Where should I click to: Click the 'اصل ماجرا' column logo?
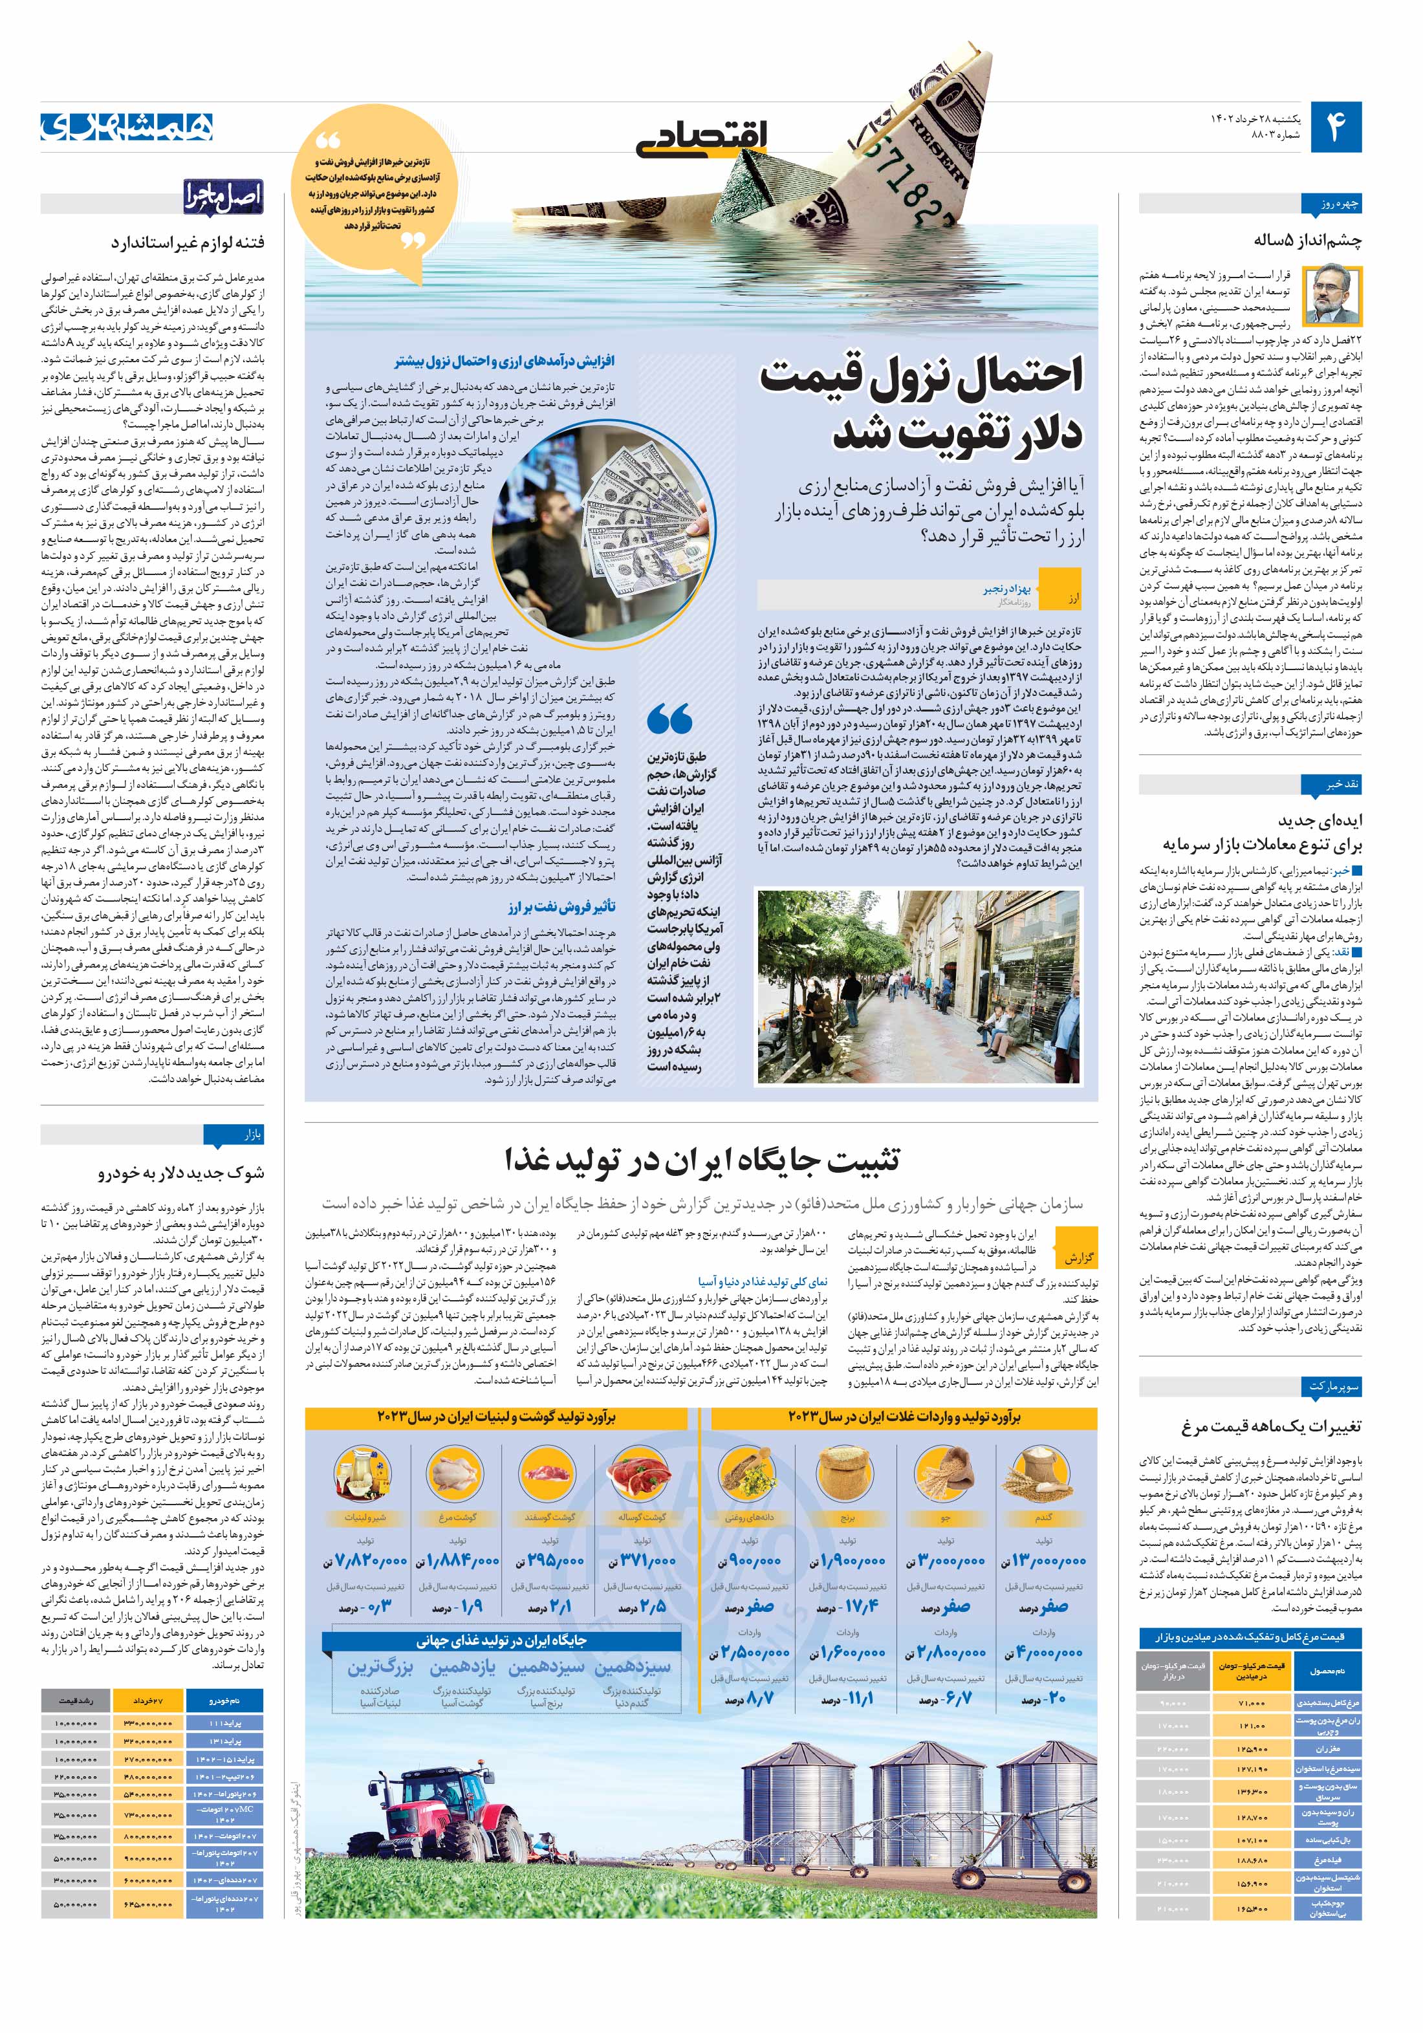(223, 199)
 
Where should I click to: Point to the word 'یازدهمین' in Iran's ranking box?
(461, 1668)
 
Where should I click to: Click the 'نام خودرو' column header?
(223, 1701)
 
